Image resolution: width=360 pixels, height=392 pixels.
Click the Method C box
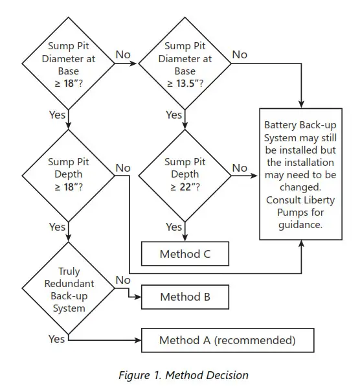point(185,254)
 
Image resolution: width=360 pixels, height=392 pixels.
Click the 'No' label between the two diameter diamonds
point(123,54)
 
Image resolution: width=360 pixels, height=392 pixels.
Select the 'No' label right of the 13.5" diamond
point(240,54)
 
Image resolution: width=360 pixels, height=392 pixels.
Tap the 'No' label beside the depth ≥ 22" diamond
point(240,168)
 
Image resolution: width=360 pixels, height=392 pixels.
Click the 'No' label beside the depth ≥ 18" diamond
point(123,168)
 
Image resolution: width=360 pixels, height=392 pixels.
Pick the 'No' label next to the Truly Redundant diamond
point(123,280)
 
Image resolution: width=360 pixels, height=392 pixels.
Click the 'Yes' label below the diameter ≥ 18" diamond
point(57,115)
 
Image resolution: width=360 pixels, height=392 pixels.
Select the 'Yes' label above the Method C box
point(174,227)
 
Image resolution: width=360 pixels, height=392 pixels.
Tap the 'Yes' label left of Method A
point(57,338)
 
